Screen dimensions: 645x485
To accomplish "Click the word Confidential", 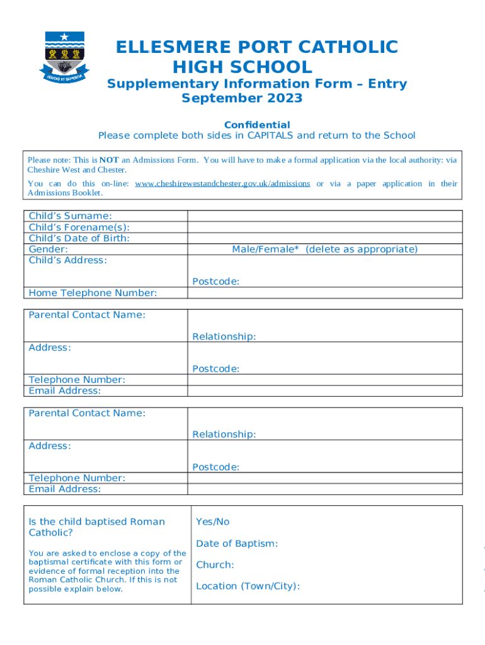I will click(257, 125).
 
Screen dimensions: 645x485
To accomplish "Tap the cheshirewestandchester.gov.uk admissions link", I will click(222, 183).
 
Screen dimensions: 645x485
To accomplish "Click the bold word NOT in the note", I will click(109, 160).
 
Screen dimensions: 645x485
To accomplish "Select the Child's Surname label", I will click(71, 216).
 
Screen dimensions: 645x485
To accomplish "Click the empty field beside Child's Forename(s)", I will click(324, 227).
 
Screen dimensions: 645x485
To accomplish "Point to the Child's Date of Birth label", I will click(79, 238).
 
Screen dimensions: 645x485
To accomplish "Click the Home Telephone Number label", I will click(93, 293).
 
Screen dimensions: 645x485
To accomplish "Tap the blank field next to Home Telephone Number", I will click(324, 293).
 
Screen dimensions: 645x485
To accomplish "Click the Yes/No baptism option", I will click(213, 522).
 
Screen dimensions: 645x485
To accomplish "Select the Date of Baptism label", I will click(237, 544).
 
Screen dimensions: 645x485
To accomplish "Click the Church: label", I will click(215, 565).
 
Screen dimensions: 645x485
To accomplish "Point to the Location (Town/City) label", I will click(248, 586).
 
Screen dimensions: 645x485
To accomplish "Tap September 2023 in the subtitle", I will click(242, 98).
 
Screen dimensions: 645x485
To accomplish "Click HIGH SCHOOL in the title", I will click(242, 67).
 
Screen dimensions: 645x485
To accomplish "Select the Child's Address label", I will click(68, 260).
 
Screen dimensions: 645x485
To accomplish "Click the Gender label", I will click(48, 249).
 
